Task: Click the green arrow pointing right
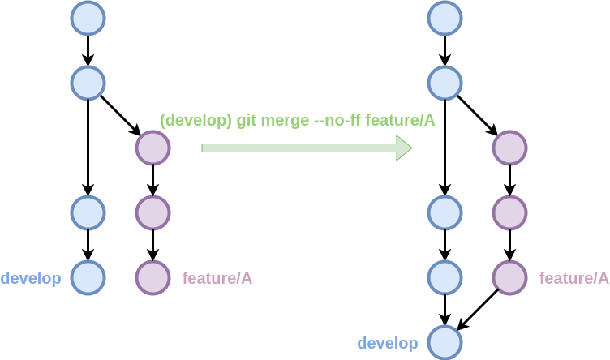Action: coord(307,148)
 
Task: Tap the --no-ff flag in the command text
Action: coord(337,120)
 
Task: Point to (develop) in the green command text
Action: coord(195,120)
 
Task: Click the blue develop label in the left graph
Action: coord(31,278)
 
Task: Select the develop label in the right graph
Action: coord(388,343)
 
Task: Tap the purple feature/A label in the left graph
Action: coord(217,278)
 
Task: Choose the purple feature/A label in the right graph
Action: coord(574,278)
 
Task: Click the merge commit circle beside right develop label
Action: coord(445,342)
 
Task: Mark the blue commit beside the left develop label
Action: coord(88,277)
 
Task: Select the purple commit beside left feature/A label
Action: coord(152,277)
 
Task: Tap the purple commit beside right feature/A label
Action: coord(509,277)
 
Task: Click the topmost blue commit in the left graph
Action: coord(88,18)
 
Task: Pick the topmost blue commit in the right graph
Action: coord(445,18)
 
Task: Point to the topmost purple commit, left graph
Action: coord(152,148)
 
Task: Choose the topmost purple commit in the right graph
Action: coord(509,148)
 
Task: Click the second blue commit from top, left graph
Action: coord(88,83)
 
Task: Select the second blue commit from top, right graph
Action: coord(445,83)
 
